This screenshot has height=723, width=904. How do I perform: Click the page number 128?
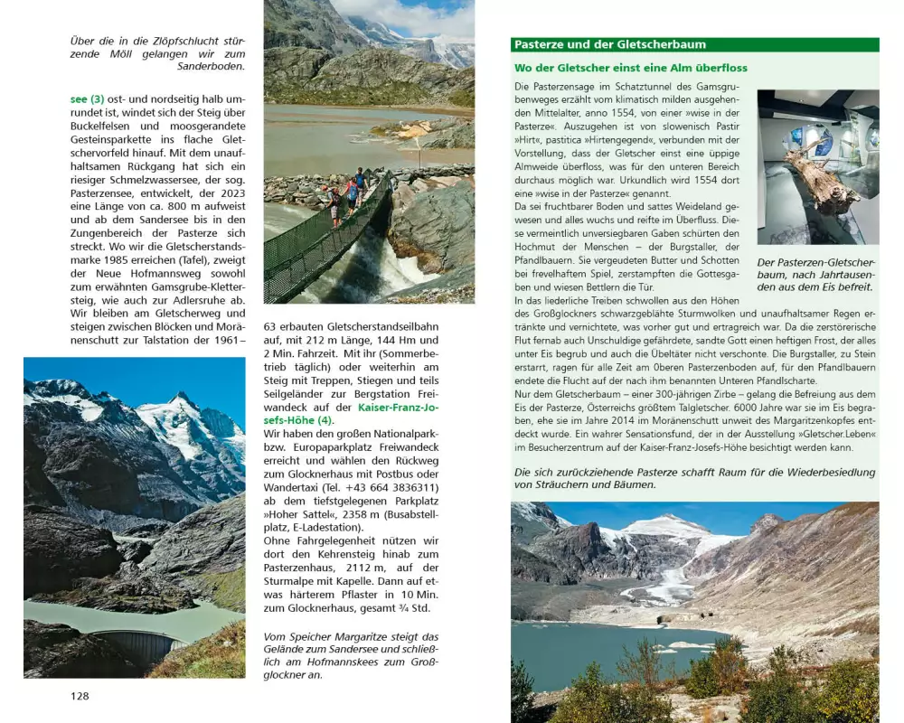80,696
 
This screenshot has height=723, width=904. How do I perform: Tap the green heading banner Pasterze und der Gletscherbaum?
609,44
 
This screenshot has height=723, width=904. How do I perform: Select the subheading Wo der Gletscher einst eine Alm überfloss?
630,68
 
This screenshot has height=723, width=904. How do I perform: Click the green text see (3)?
88,99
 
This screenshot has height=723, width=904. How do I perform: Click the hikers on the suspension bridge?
347,192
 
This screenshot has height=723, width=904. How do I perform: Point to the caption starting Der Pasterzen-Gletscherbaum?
815,274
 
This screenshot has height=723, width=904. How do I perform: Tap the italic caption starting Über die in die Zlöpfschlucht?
157,52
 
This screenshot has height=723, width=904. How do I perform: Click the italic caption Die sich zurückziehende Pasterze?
694,478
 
